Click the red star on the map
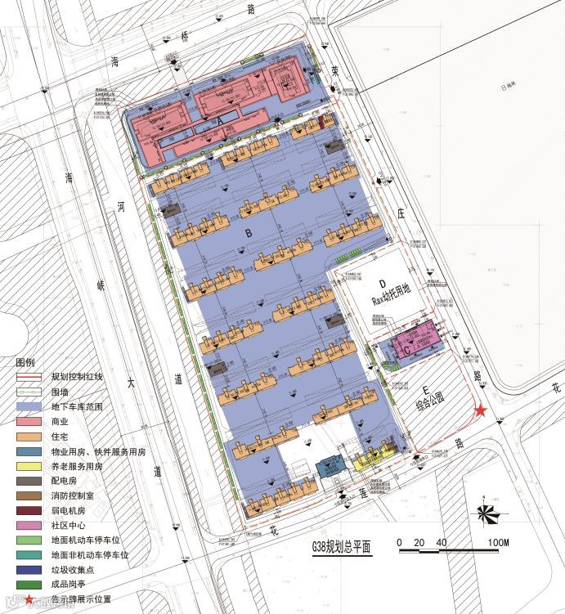coord(482,410)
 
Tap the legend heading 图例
coord(25,361)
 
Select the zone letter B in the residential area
coord(248,233)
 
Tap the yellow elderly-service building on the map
coord(372,459)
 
